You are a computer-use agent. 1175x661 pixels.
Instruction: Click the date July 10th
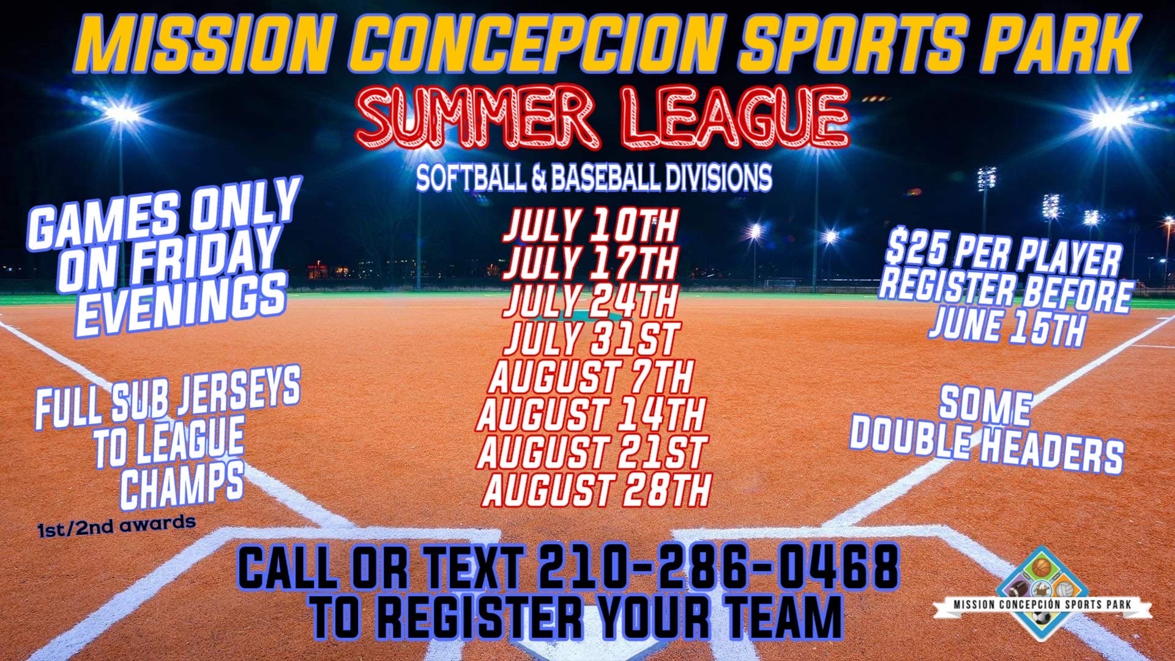(x=590, y=226)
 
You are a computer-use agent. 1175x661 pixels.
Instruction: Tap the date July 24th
(x=590, y=301)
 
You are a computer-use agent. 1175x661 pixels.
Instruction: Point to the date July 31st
(x=591, y=338)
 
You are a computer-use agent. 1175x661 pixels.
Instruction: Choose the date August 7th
(x=591, y=376)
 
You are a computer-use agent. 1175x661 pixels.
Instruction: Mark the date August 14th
(x=591, y=414)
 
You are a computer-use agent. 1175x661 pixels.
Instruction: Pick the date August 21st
(x=592, y=452)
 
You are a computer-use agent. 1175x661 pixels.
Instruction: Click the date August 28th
(x=597, y=490)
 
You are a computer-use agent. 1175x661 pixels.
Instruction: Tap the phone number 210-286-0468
(x=718, y=566)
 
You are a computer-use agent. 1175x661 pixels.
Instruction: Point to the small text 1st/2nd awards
(x=116, y=525)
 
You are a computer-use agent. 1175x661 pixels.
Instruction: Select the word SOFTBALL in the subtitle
(x=470, y=177)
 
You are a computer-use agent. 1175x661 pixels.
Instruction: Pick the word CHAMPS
(x=182, y=483)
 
